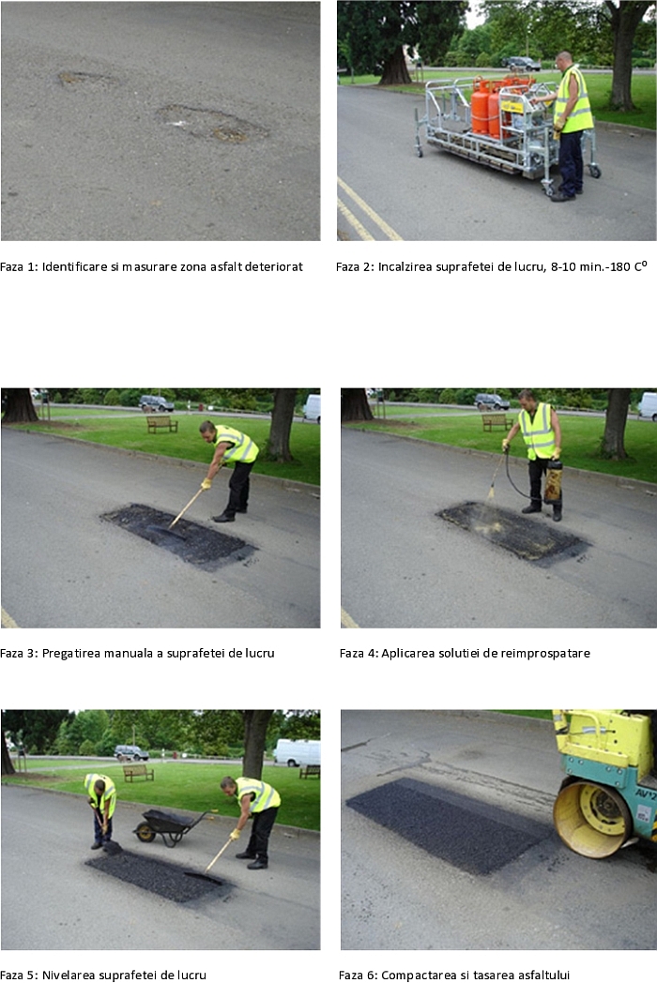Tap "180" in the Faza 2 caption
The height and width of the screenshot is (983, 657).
click(x=619, y=266)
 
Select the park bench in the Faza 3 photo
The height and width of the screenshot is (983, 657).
click(x=161, y=424)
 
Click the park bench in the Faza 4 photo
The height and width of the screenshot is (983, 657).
click(x=497, y=422)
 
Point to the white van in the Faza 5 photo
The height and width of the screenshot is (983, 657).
click(x=298, y=752)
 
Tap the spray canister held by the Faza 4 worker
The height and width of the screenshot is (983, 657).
click(x=554, y=481)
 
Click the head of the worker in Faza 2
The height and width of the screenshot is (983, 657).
click(x=563, y=59)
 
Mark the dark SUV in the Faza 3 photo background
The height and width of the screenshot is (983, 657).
click(x=156, y=402)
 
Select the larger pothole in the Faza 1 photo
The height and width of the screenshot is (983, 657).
click(x=211, y=123)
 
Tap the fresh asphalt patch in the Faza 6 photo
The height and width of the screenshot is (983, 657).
click(x=449, y=825)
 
